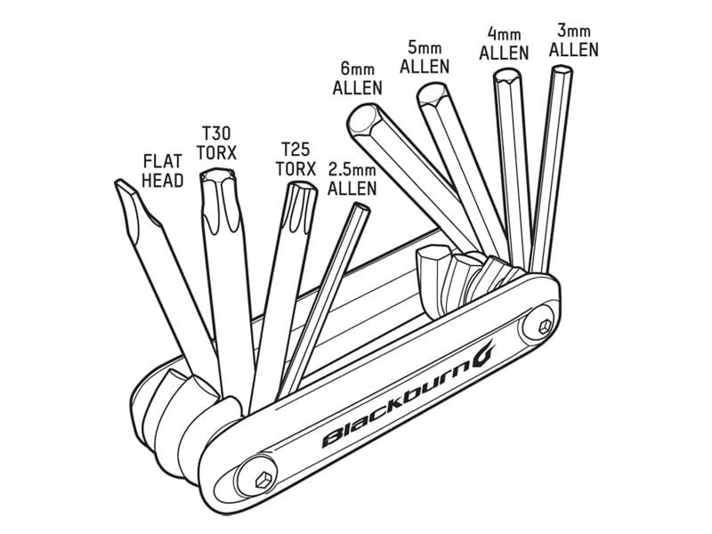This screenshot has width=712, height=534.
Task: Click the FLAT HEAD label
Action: coord(163,171)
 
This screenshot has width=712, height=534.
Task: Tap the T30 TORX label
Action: coord(216,143)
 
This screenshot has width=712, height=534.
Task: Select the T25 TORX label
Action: coord(295,159)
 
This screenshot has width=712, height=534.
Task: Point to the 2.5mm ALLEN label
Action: coord(352,179)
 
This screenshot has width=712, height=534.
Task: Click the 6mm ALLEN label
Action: coord(358,79)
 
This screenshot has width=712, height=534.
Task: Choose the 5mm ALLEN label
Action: coord(425,57)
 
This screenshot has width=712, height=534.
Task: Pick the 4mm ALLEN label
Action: coord(504,44)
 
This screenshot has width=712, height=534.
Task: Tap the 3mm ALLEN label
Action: coord(573,41)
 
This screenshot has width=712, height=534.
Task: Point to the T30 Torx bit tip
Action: coord(218,174)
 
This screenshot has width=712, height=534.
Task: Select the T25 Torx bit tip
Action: coord(303,187)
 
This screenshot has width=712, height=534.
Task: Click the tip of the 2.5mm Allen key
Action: coord(361,207)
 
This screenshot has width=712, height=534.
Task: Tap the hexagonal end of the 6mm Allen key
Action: coord(362,120)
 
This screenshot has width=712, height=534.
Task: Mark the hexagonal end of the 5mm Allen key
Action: coord(433,94)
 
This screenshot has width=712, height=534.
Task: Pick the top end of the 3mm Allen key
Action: coord(562,69)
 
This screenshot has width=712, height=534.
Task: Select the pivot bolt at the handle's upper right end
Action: coord(544,326)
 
